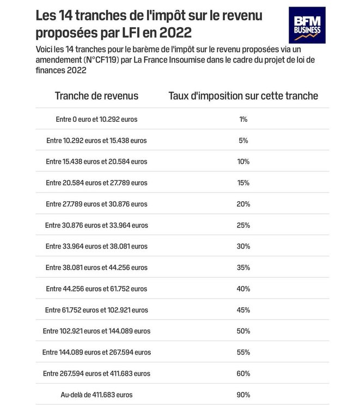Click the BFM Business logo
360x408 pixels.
click(306, 25)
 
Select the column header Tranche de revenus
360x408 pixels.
click(96, 96)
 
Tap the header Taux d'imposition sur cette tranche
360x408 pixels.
click(243, 96)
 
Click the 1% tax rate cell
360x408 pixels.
click(243, 119)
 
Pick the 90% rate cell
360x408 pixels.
click(243, 394)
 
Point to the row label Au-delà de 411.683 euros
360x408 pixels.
click(96, 394)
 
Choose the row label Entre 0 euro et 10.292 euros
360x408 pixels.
click(96, 119)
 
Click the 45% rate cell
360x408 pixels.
click(243, 310)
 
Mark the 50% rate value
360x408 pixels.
click(243, 331)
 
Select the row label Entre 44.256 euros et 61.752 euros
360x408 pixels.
click(96, 289)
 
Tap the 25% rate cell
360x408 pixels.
click(243, 225)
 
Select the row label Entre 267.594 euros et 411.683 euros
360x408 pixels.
click(96, 373)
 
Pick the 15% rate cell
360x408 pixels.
click(243, 183)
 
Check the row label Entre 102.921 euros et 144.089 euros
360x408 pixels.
click(96, 331)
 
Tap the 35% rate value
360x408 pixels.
click(243, 268)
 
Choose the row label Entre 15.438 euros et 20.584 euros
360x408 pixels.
click(96, 162)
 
